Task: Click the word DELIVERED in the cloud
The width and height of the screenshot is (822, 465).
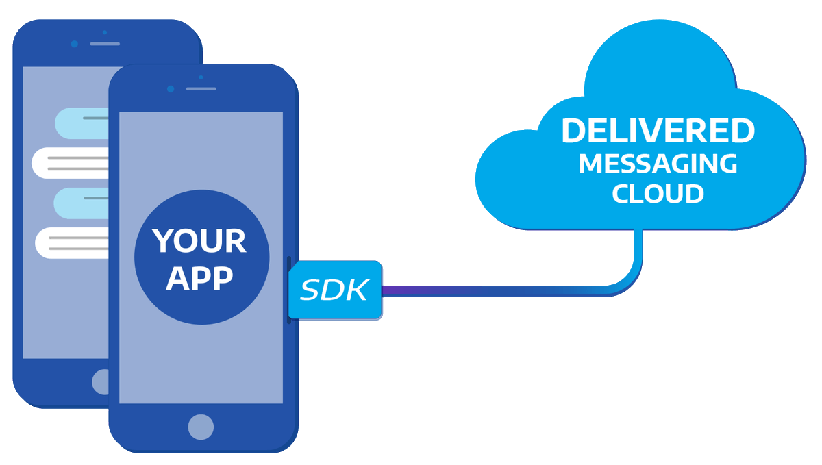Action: point(658,131)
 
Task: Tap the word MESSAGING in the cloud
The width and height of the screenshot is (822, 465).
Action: point(658,164)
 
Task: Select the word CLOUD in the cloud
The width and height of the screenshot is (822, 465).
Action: point(658,193)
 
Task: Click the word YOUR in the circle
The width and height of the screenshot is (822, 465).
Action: point(199,240)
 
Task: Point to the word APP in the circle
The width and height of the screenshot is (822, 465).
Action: point(199,278)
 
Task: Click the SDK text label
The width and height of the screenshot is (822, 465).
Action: point(334,290)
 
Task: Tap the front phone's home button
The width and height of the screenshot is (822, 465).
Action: point(201,427)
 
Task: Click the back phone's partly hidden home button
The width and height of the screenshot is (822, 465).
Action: point(100,382)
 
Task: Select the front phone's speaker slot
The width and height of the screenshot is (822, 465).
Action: point(201,89)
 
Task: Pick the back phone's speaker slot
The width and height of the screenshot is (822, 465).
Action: point(105,44)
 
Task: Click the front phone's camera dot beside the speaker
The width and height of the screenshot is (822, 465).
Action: point(171,89)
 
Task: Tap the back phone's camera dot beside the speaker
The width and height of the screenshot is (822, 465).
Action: point(75,44)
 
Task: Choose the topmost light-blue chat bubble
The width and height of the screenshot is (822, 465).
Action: point(82,123)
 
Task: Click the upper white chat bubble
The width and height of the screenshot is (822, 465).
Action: point(70,163)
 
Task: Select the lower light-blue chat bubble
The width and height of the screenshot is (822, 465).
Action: point(82,203)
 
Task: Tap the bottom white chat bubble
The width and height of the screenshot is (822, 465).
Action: point(72,243)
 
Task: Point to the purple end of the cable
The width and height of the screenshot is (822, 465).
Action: point(384,291)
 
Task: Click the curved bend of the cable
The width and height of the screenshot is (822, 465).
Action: point(630,282)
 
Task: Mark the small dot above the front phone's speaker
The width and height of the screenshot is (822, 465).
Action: point(201,77)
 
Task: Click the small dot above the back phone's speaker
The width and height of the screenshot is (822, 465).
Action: point(105,32)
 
